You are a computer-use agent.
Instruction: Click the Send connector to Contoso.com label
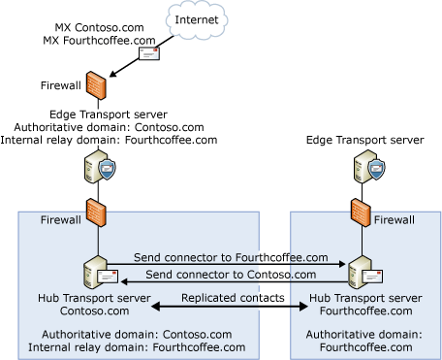234,275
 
